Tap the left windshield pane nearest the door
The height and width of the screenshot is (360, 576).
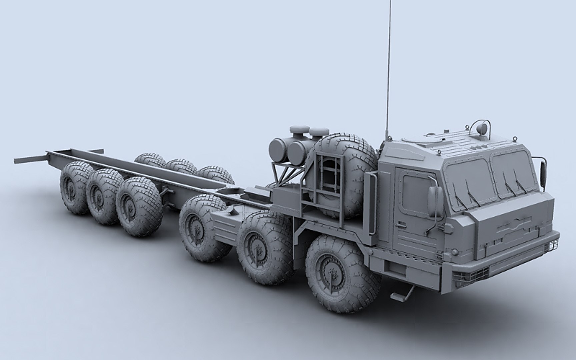click(468, 182)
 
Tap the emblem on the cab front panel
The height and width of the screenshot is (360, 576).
click(515, 220)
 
